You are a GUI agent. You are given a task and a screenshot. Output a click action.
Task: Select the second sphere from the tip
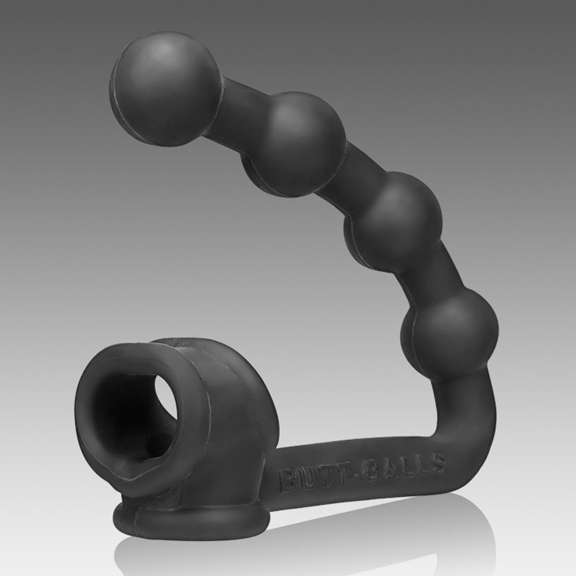point(294,143)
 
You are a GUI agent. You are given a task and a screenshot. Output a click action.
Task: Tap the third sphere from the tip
point(393,222)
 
